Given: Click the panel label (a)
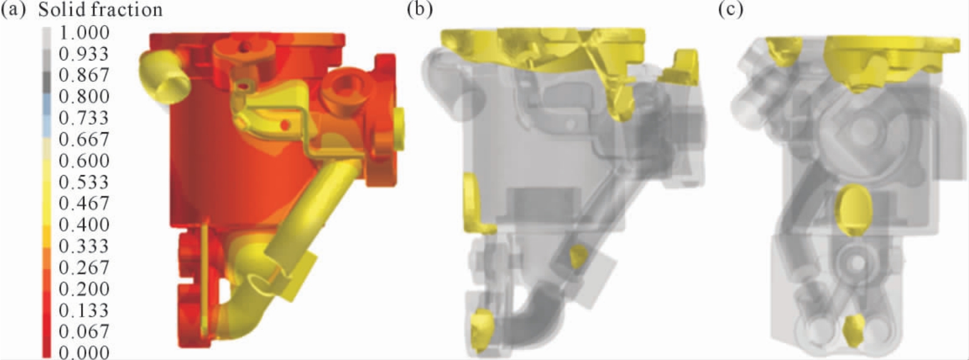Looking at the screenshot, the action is pos(14,9).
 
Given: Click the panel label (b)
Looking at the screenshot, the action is pos(420,9).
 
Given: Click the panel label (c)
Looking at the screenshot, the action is pos(731,9).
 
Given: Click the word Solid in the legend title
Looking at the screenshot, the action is pos(63,9).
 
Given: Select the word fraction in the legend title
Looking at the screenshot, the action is pos(128,9).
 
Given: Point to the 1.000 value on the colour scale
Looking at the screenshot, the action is pos(84,33).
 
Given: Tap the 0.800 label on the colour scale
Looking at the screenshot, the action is pos(84,96).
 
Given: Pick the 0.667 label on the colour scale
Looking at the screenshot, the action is pos(84,139).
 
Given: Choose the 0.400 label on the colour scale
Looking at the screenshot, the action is pos(84,225).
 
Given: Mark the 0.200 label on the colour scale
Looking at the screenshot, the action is pos(84,289).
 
